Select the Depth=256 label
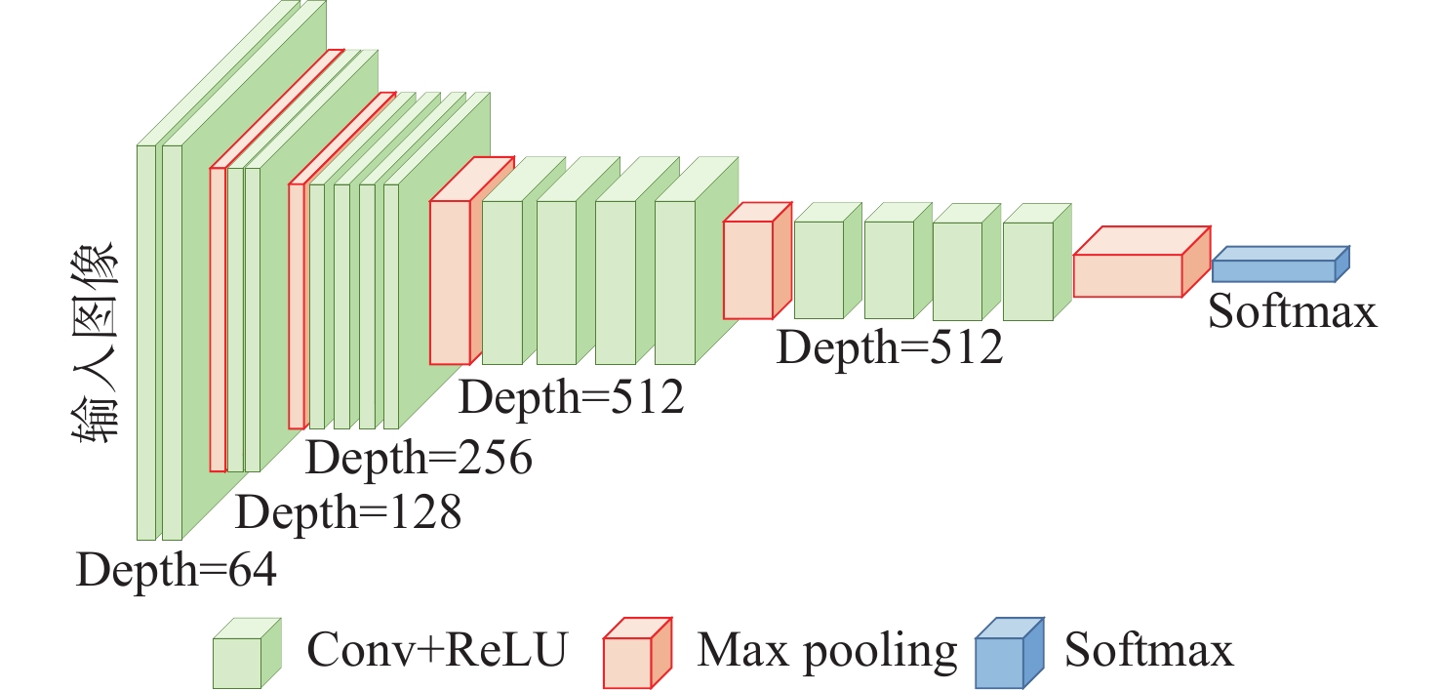420,457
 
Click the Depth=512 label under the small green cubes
890,346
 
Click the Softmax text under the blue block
1293,312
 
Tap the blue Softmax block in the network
1273,270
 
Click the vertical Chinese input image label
98,344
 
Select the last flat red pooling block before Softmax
1128,274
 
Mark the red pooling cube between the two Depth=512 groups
748,269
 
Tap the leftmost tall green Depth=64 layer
146,342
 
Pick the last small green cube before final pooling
1028,270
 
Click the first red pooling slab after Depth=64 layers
218,320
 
